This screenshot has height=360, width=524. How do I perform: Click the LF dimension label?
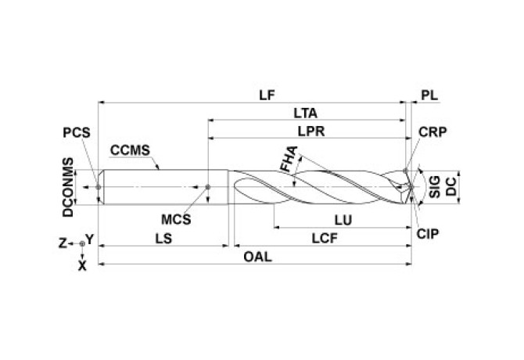[267, 95]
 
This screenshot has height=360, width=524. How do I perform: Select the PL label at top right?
[429, 95]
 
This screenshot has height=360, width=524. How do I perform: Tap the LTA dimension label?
[307, 113]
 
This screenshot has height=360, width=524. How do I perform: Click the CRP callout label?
[432, 133]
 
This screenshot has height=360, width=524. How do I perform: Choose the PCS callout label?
[76, 133]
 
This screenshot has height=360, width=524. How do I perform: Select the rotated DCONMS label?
[70, 188]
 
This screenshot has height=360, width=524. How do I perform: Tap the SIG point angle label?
[435, 188]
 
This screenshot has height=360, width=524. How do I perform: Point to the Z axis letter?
[64, 243]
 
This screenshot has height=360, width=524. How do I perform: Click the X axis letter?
[82, 265]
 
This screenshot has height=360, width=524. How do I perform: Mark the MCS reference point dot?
[208, 188]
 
